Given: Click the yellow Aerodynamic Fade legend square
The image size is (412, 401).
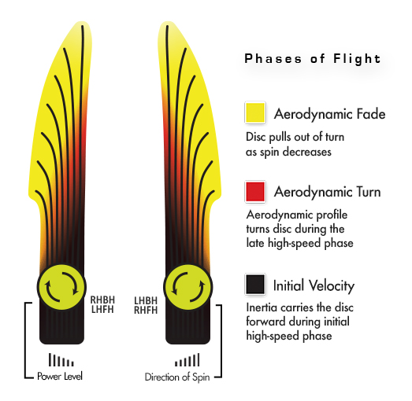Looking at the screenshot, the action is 255,112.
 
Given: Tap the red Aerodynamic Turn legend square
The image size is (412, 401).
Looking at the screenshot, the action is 255,192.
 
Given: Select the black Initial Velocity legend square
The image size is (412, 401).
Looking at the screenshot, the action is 255,285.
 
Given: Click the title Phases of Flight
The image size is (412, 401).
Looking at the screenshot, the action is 313,58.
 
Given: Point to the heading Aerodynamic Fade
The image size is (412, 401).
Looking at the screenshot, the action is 330,114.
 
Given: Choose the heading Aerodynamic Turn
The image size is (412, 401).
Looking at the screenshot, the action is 328,192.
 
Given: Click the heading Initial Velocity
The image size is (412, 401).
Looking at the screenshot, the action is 314,285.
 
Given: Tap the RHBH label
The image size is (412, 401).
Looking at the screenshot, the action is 102,300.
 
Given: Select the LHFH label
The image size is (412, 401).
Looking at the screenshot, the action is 102,310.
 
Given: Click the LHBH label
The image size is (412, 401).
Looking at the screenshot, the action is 146,300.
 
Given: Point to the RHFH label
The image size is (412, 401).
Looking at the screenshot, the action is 146,311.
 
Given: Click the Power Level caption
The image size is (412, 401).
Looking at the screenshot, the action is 60,376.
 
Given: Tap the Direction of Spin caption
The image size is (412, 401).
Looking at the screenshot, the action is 177,377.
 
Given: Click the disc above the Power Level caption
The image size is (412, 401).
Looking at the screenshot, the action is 61,287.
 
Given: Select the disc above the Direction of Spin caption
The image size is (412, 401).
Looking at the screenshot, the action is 188,287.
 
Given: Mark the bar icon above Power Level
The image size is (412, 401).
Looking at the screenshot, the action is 61,360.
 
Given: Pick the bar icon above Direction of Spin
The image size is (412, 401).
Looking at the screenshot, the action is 187,360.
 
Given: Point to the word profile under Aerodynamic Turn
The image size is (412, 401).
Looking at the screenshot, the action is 332,215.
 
